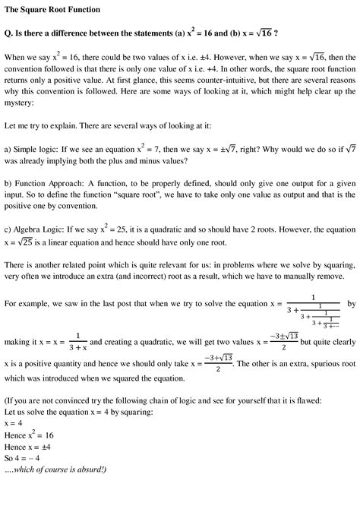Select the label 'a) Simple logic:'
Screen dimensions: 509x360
click(x=33, y=150)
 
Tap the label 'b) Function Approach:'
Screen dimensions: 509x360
click(x=43, y=185)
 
